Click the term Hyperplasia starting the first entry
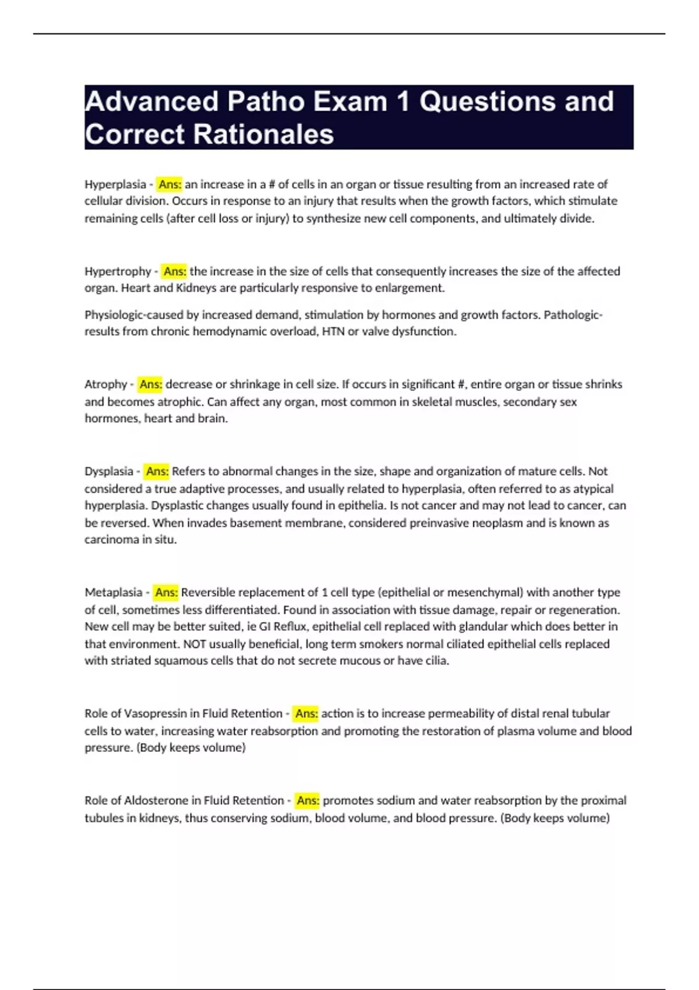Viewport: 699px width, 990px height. point(115,185)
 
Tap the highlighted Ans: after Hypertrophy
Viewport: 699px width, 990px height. point(175,271)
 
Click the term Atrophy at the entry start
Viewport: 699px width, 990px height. point(105,384)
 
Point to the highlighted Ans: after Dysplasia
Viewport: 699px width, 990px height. point(157,471)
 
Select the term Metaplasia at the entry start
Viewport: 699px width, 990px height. point(114,592)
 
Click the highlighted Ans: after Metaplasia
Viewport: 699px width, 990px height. point(166,592)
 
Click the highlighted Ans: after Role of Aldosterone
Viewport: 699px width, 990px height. point(308,801)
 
